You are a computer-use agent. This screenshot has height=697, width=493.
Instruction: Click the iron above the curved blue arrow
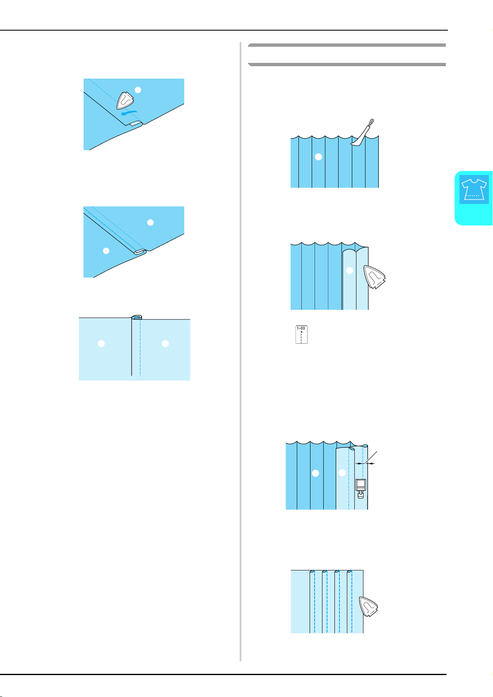125,101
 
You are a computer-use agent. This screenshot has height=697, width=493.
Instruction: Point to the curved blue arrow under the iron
129,113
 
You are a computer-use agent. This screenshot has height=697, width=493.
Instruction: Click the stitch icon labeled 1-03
301,335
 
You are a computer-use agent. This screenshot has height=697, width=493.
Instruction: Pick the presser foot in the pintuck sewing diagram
361,489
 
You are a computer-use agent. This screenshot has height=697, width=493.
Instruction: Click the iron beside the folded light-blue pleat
375,277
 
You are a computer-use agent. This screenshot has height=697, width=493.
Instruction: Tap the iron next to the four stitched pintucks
368,606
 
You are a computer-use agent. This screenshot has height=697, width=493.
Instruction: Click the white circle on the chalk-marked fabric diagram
318,157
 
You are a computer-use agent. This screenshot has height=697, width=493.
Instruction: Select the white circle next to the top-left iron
138,90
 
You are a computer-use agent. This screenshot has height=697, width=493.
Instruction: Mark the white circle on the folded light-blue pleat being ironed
349,271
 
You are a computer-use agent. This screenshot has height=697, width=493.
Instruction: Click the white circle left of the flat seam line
101,343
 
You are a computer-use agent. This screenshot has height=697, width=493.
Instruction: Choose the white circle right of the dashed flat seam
166,343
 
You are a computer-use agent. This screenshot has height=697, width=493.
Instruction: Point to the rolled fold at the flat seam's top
137,317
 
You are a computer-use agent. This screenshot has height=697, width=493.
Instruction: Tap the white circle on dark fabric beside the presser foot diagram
315,473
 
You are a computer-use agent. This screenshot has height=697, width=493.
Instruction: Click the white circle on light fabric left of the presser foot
342,473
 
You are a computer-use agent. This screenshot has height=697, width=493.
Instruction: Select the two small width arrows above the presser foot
365,463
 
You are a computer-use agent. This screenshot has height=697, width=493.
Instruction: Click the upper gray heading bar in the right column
347,45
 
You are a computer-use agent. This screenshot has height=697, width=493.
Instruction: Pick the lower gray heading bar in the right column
347,65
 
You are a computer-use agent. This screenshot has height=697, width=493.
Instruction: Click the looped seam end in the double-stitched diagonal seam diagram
140,251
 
